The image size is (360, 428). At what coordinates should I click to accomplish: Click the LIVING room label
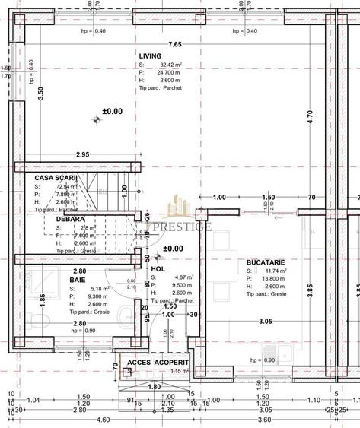(151, 55)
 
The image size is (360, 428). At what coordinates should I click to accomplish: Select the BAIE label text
(78, 280)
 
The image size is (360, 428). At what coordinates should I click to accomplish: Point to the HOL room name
(158, 268)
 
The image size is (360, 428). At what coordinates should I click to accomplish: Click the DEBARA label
(70, 219)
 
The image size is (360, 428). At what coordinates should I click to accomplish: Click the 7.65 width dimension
(175, 45)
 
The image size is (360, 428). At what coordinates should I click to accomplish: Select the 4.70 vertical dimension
(309, 116)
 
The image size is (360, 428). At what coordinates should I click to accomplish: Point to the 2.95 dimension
(83, 155)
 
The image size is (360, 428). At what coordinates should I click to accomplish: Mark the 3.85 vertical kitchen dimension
(309, 289)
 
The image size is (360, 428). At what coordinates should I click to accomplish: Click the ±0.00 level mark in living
(111, 111)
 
